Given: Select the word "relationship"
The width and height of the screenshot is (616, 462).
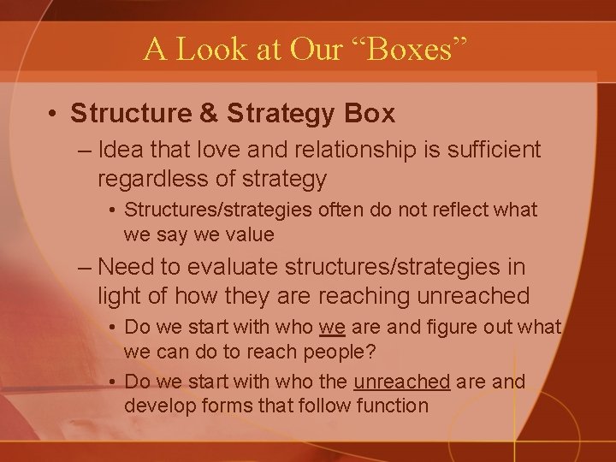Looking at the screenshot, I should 353,151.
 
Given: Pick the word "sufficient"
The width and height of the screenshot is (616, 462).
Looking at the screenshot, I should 489,151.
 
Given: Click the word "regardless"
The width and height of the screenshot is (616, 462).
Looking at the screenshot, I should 149,179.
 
